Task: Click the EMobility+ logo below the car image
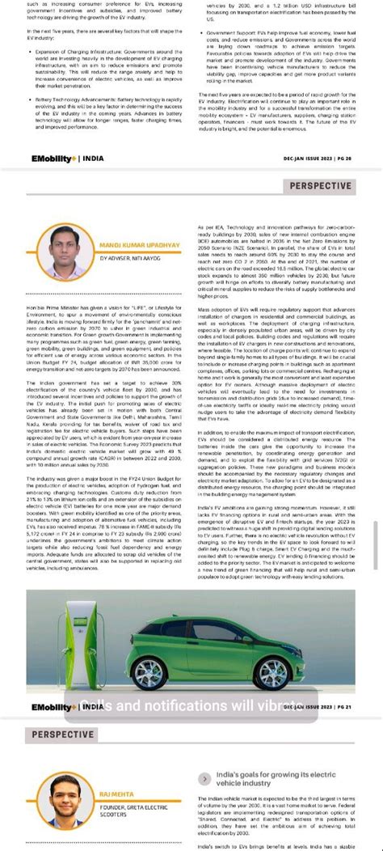coord(53,707)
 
